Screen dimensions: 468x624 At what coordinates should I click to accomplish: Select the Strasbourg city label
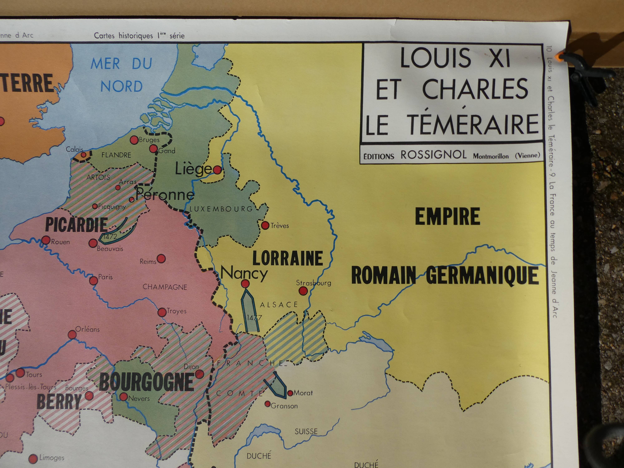coord(313,283)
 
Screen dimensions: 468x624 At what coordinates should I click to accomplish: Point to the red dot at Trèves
coord(265,225)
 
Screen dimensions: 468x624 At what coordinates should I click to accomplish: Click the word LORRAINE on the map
coord(287,258)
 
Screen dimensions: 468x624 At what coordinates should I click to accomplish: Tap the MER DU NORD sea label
coord(121,75)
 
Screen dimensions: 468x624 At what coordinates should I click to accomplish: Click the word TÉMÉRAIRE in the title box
coord(474,124)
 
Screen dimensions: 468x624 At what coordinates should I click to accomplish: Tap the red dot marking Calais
coord(83,155)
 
